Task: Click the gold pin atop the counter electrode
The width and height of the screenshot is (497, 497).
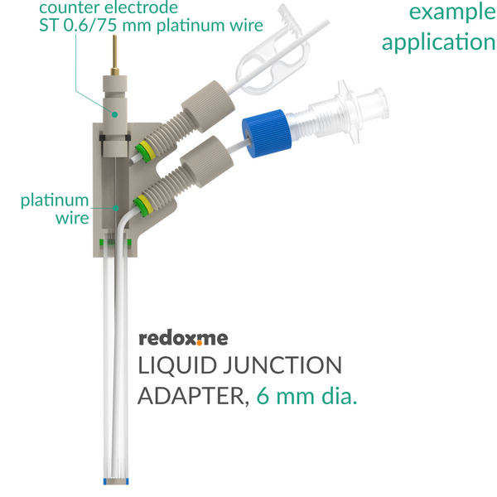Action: click(x=115, y=55)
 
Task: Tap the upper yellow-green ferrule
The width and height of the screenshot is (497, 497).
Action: click(x=143, y=151)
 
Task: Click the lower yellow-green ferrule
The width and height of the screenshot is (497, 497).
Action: click(x=142, y=205)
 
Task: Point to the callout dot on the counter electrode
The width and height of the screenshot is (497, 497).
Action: click(x=115, y=114)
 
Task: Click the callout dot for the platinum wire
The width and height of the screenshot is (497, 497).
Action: click(x=116, y=208)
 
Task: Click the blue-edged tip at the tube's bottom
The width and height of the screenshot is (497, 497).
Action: click(x=116, y=481)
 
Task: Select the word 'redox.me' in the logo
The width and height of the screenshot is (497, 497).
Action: click(x=183, y=338)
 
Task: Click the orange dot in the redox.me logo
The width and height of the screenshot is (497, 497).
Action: click(x=200, y=342)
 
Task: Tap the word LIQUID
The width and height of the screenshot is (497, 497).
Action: click(x=177, y=365)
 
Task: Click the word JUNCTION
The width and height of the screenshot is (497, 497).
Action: click(x=283, y=365)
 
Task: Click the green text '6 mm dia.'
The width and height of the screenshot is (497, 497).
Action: click(x=306, y=396)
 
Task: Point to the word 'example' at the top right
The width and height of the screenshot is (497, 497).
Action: click(x=452, y=12)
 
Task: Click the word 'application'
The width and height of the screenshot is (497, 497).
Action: click(x=439, y=42)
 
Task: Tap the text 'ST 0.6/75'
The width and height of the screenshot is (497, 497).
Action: click(x=79, y=25)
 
